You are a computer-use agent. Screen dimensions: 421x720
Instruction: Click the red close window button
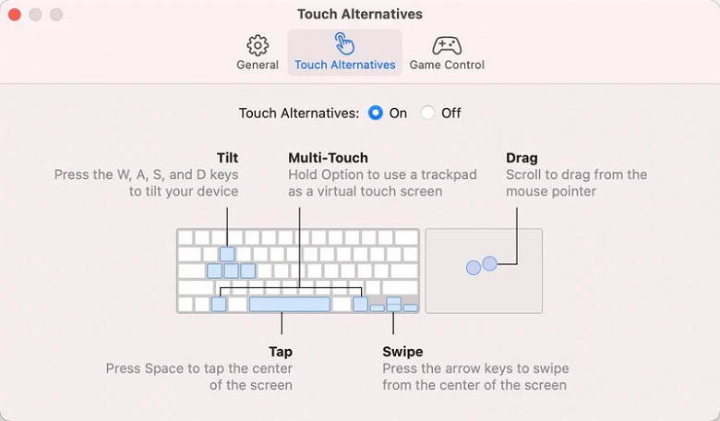[x=15, y=15]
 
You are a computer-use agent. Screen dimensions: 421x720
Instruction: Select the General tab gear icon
[x=258, y=45]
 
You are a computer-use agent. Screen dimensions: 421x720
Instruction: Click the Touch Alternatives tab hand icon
[x=344, y=43]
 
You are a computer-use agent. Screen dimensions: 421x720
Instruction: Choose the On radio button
[x=376, y=113]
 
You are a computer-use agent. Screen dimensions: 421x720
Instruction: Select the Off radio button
[x=427, y=113]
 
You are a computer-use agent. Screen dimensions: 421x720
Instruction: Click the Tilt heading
[x=227, y=158]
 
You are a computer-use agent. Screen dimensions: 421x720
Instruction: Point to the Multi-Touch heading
[x=328, y=158]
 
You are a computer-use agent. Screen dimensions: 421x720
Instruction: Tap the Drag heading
[x=522, y=158]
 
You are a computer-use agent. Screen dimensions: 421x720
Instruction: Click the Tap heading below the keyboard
[x=281, y=352]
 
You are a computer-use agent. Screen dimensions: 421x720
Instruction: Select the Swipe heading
[x=402, y=352]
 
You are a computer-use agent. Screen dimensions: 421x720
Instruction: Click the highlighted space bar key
[x=289, y=304]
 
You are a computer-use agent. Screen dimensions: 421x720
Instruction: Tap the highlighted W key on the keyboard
[x=227, y=254]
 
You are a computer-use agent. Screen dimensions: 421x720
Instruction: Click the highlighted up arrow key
[x=394, y=301]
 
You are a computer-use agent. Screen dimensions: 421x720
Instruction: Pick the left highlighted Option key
[x=219, y=304]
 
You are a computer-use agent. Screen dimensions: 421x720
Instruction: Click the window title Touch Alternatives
[x=360, y=15]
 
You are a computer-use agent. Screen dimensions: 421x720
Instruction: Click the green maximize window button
[x=55, y=15]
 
